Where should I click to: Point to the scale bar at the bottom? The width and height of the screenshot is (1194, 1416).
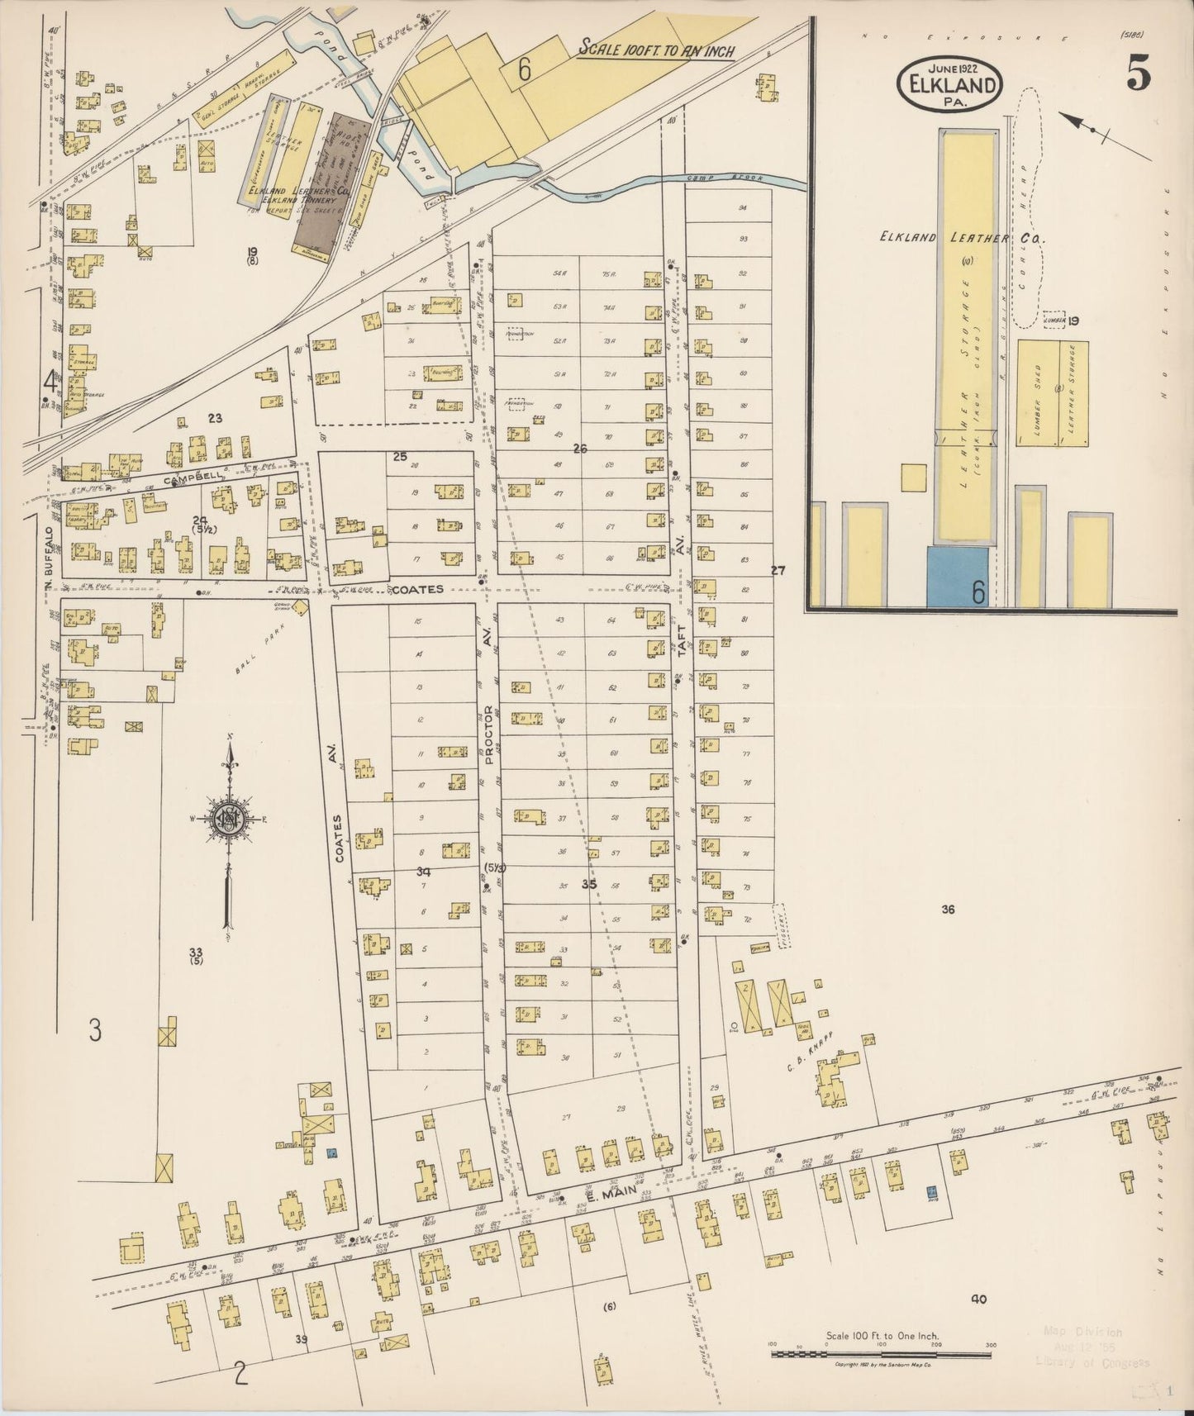point(881,1354)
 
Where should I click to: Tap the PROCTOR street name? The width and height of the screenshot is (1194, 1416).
point(488,733)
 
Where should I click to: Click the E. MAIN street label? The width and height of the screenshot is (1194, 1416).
point(608,1195)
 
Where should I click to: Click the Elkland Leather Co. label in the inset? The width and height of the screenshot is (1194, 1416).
point(965,238)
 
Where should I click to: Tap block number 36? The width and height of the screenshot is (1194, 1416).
point(948,910)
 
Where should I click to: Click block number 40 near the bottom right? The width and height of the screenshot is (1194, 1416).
point(978,1300)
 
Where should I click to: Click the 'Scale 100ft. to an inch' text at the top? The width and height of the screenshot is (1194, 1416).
point(656,50)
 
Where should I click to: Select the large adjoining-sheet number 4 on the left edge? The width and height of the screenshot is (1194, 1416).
point(51,382)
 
